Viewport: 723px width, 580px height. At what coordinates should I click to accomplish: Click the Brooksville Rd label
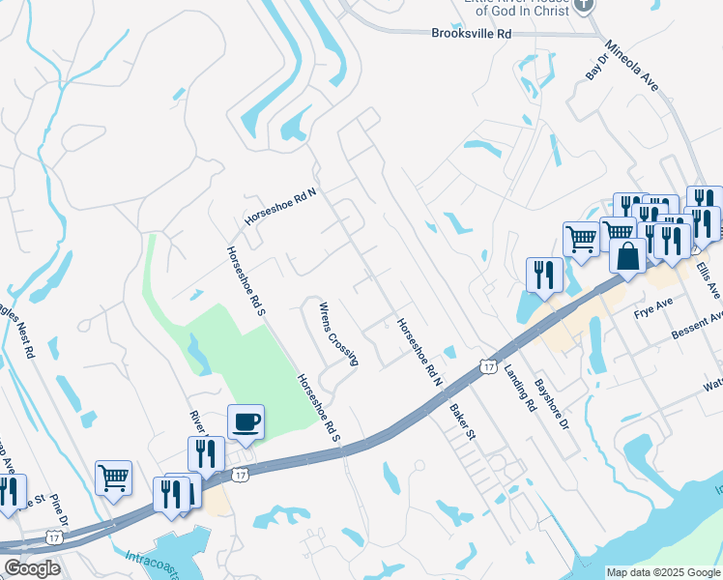point(470,33)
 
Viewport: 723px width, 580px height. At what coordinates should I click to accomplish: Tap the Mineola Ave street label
point(631,66)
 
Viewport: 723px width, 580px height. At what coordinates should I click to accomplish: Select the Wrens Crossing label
point(339,334)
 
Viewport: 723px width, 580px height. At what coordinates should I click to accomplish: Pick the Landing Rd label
point(518,391)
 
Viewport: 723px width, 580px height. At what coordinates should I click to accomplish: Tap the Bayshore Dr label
point(555,403)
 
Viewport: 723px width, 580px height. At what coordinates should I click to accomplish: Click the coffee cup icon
point(246,421)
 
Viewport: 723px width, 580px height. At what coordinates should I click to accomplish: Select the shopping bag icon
point(628,257)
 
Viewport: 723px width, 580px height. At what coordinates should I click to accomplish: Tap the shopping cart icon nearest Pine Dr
point(114,477)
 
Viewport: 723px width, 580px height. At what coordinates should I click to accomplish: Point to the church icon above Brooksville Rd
point(583,6)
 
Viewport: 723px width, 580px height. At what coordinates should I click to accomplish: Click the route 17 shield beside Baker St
point(488,365)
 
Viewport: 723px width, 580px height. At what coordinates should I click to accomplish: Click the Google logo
point(31,567)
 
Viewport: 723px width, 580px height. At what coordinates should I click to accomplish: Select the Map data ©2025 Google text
point(662,572)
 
